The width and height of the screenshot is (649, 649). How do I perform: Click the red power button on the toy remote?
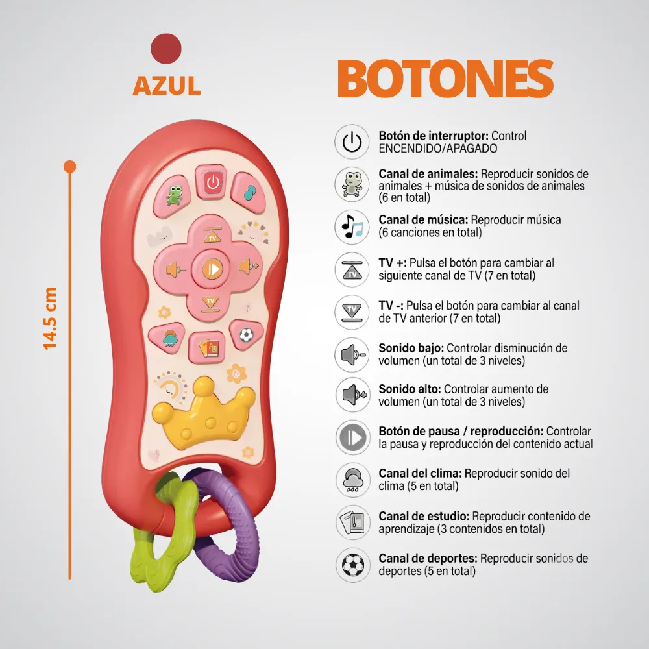click(x=212, y=182)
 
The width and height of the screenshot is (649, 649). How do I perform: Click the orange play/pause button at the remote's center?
click(x=213, y=269)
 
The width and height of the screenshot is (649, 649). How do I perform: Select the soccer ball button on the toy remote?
click(x=246, y=334)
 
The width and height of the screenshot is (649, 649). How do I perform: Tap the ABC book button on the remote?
click(x=208, y=348)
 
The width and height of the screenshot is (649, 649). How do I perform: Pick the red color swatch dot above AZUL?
click(x=166, y=49)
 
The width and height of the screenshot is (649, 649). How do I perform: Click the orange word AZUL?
click(x=167, y=85)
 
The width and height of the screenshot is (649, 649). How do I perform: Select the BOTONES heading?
click(x=445, y=79)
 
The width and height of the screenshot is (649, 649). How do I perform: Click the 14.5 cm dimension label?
click(x=50, y=318)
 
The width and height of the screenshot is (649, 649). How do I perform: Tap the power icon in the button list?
click(x=352, y=142)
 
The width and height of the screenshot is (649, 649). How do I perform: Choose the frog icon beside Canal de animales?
click(x=352, y=184)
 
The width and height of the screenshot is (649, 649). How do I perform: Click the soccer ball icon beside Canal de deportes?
click(x=352, y=565)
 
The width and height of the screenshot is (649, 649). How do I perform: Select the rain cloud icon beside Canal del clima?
click(x=352, y=480)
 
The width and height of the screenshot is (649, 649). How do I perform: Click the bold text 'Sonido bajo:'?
click(x=411, y=348)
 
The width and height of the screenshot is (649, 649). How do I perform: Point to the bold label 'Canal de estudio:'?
click(x=424, y=516)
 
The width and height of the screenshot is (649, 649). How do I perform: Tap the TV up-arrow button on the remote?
click(x=212, y=235)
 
